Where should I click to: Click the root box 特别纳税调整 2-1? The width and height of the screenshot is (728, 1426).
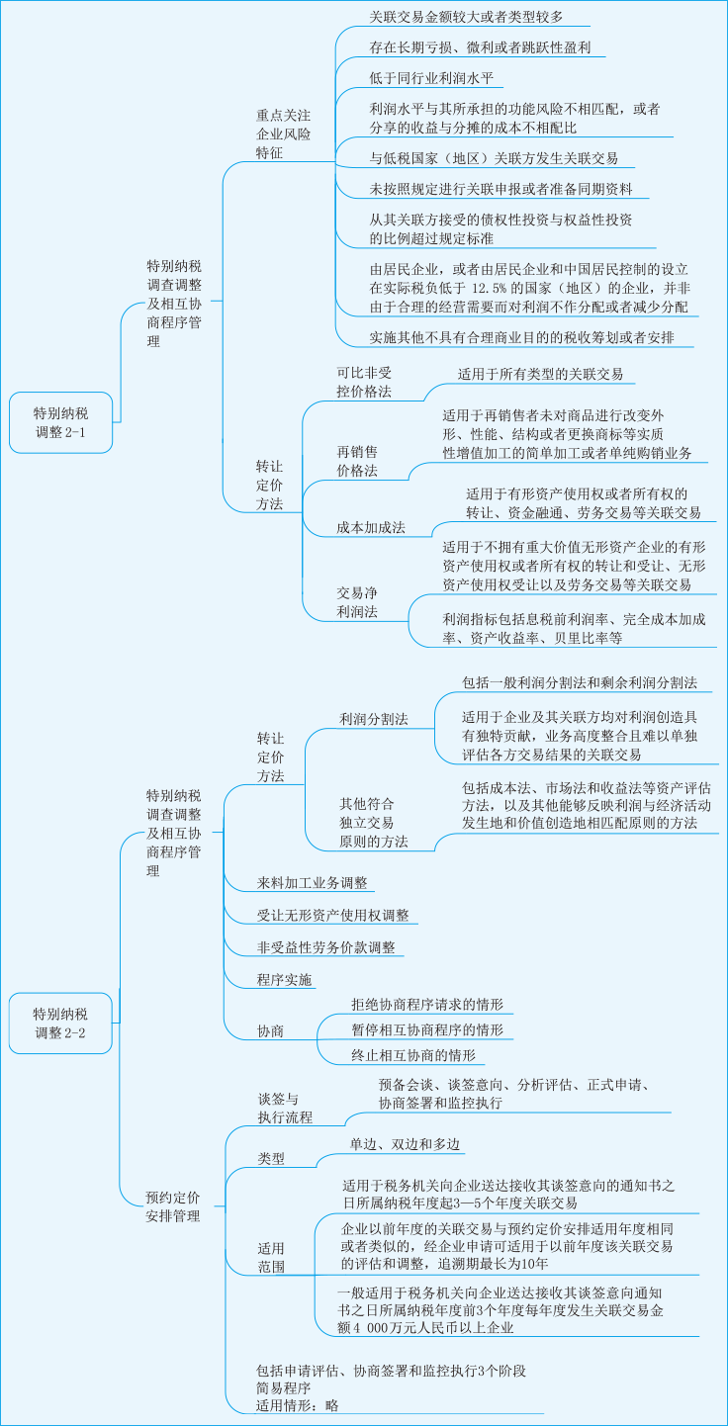click(x=60, y=422)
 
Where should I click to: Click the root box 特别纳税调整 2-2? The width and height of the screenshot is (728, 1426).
click(x=60, y=1023)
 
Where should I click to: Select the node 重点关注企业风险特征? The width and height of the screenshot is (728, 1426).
click(x=283, y=134)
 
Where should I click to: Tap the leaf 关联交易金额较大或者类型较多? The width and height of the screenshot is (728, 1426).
click(x=467, y=17)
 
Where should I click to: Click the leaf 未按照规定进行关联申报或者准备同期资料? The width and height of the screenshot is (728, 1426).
click(x=501, y=189)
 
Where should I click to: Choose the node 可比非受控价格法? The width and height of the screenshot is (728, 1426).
click(x=364, y=382)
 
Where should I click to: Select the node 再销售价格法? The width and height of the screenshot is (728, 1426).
click(x=357, y=461)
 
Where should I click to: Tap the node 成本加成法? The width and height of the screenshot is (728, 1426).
click(x=371, y=527)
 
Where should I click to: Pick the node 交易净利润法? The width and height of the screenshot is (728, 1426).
click(x=357, y=601)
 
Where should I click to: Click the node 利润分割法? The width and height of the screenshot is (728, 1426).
click(x=373, y=719)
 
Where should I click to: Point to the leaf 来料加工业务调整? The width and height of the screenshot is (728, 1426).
click(x=313, y=882)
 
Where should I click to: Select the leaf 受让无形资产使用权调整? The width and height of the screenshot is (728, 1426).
click(x=332, y=915)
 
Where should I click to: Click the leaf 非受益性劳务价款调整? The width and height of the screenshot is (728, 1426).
click(x=326, y=947)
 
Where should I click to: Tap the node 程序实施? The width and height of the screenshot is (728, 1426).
click(x=285, y=980)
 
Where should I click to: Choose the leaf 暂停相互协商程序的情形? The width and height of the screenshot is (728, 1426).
click(x=426, y=1029)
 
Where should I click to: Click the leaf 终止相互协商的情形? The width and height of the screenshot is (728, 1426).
click(x=412, y=1055)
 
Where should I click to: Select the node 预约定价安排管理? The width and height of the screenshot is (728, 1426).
click(x=173, y=1205)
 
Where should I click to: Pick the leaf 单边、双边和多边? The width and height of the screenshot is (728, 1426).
click(x=405, y=1144)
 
